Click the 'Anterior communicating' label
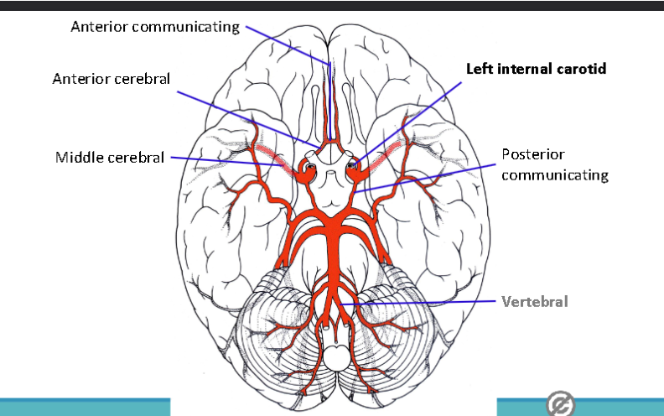(x=155, y=27)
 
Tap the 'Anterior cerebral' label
(x=111, y=79)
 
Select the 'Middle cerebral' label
(x=110, y=158)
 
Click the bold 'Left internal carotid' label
(x=536, y=69)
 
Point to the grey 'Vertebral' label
(x=534, y=302)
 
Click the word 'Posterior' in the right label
(x=533, y=154)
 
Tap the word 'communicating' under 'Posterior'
(x=555, y=175)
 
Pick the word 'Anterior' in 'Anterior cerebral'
(x=81, y=79)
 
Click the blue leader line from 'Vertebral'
(x=418, y=303)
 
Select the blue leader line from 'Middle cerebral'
(x=226, y=161)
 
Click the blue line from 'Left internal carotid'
(x=407, y=122)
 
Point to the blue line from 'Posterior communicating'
(x=425, y=179)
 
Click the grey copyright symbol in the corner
(x=560, y=403)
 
